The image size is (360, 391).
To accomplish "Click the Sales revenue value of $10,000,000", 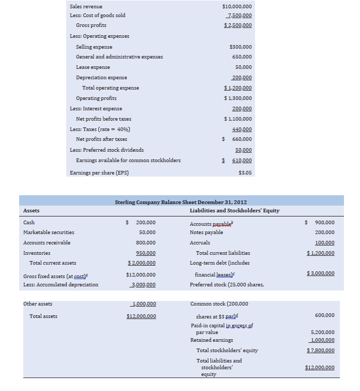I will point(237,6).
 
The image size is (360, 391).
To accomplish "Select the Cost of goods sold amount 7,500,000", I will point(239,15).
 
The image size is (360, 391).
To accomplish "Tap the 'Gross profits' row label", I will point(91,25).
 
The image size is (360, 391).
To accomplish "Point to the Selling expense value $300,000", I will point(241,47).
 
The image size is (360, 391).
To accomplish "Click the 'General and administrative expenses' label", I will point(119,57).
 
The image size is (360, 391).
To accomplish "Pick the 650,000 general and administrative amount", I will point(242,57).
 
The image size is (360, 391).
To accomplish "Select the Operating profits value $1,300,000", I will point(238,98).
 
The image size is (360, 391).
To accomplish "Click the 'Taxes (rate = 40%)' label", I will point(100,129).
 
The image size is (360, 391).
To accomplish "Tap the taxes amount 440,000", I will point(242,129).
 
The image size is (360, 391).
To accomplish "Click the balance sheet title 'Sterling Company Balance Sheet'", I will point(181,202).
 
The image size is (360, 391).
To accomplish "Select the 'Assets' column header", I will point(32,211).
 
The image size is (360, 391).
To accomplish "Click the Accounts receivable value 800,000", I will point(145,242).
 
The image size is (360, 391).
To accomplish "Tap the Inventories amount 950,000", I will point(145,253).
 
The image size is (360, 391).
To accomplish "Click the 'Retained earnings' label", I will point(212,340).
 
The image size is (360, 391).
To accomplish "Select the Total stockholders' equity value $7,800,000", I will point(320,351).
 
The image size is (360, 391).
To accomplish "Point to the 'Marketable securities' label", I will point(49,233).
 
